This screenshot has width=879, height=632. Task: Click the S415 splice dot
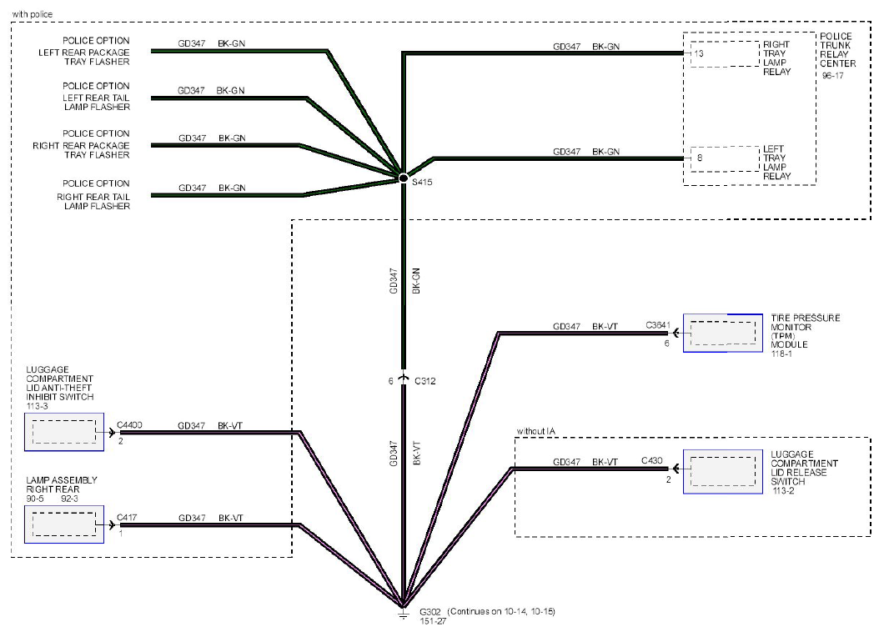pos(403,178)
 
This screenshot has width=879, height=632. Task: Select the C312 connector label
pos(425,381)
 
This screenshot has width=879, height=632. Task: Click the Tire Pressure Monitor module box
pos(722,333)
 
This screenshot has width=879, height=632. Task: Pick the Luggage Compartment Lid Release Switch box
pos(722,472)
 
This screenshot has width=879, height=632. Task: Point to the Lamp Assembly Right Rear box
pos(64,524)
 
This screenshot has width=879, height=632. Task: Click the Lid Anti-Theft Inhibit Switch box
pos(64,432)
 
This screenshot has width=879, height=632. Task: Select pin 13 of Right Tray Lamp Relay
pos(699,54)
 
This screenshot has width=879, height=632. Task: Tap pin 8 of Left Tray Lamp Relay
pos(700,158)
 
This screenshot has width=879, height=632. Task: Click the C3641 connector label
pos(657,325)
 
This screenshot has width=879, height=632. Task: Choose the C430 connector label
pos(652,460)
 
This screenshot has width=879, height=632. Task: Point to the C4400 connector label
pos(129,425)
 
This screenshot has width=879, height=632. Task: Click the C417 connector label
pos(127,518)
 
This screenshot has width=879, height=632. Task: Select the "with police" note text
pos(33,14)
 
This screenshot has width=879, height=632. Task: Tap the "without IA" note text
pos(536,431)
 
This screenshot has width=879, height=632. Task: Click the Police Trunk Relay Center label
pos(837,50)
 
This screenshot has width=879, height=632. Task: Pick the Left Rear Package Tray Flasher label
pos(84,51)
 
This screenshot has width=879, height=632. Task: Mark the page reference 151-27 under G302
pos(433,621)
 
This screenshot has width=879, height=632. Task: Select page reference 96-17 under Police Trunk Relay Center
pos(832,76)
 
